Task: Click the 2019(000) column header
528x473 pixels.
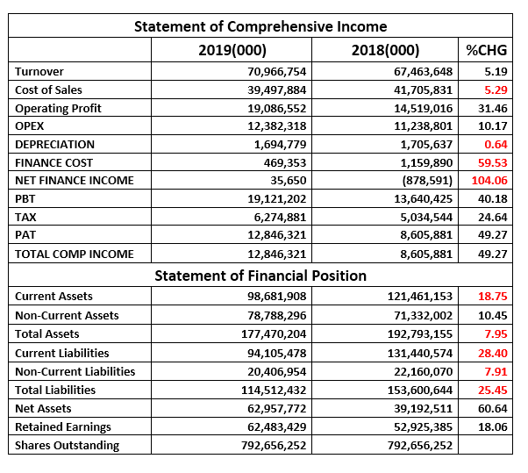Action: coord(232,50)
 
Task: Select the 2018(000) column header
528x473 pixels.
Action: coord(386,50)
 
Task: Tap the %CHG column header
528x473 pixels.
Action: coord(486,50)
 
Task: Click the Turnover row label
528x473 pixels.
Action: coord(39,71)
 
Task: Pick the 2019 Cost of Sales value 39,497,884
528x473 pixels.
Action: coord(277,90)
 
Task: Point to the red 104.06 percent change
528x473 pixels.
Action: coord(489,180)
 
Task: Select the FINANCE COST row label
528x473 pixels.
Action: coord(54,162)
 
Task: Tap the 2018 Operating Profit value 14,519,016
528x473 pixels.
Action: coord(424,108)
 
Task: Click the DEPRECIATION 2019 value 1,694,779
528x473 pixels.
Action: coord(280,144)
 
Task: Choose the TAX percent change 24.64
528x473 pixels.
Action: coord(493,217)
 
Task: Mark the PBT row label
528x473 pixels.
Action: coord(25,199)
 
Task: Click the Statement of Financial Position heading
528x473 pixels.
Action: coord(260,276)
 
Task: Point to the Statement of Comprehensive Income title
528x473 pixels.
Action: coord(260,26)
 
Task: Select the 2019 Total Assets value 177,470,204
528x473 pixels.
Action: coord(274,333)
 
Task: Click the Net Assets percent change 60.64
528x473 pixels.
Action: coord(493,408)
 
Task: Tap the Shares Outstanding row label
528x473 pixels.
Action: coord(67,445)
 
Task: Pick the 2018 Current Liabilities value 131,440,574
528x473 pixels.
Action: coord(420,353)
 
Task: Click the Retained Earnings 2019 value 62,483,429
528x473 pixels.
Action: coord(277,426)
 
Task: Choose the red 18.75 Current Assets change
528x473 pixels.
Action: coord(493,296)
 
